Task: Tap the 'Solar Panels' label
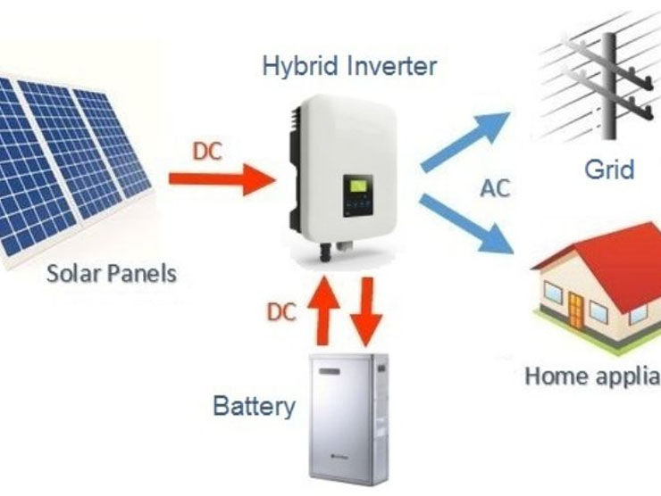coord(111,271)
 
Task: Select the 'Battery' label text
coord(254,407)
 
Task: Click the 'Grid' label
coord(609,168)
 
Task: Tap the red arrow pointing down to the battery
coord(364,313)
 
